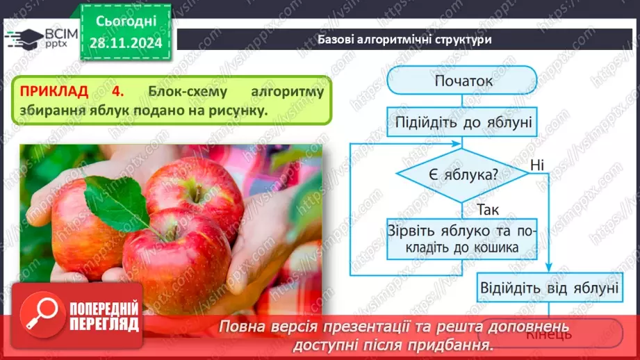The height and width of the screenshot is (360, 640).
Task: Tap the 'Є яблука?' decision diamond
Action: (461, 174)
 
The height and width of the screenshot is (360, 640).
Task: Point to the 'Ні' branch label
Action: (536, 165)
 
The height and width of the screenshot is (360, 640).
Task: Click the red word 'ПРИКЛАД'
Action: (54, 91)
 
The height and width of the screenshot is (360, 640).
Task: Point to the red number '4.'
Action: (117, 91)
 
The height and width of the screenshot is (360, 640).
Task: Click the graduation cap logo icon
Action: (23, 37)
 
